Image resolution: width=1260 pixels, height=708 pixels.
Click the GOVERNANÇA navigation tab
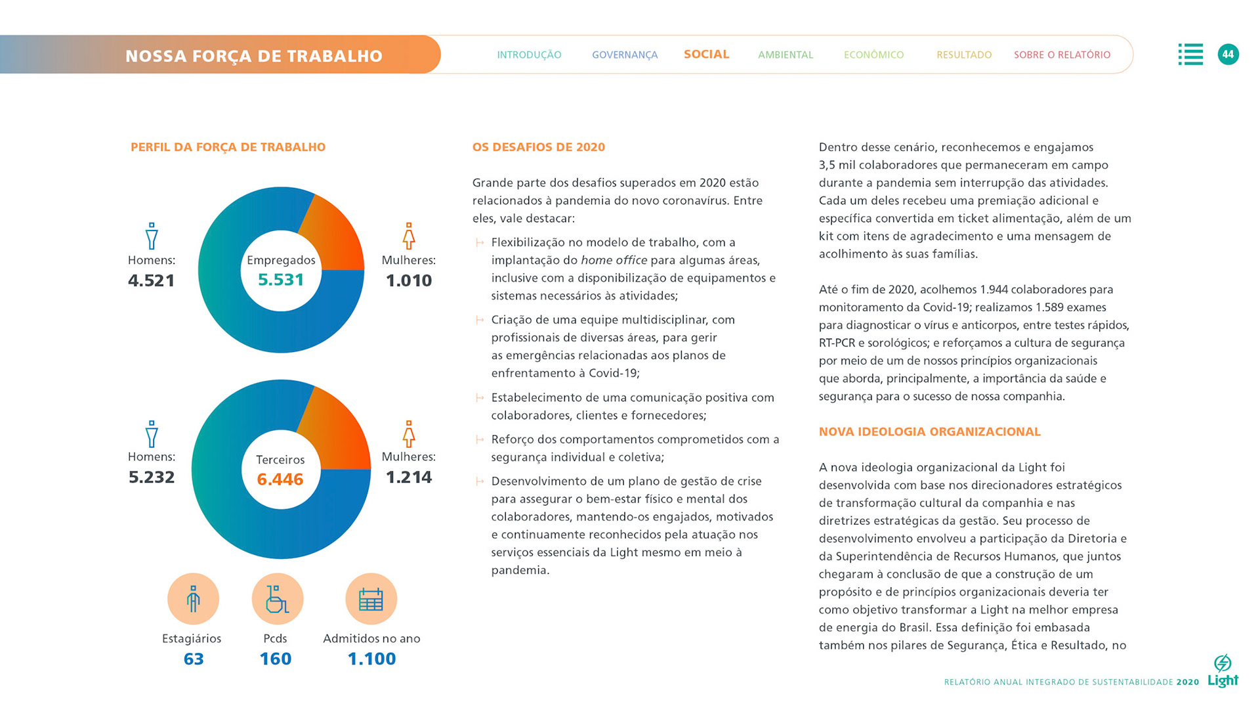(624, 55)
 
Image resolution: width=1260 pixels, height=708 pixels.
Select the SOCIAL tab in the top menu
(706, 55)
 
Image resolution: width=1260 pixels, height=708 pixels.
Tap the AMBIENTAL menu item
(785, 55)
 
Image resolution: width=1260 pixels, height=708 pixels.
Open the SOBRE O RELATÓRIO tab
(1062, 55)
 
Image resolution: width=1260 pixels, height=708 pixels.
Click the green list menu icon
(1190, 55)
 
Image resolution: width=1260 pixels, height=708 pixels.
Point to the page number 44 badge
(1228, 55)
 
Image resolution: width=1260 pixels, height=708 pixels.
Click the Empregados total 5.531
(281, 280)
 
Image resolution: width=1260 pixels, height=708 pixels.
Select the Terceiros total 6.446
(280, 479)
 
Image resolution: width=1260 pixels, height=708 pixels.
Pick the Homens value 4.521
(152, 280)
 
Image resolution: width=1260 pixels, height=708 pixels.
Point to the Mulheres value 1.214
(408, 477)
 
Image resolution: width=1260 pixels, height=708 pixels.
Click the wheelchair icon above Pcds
(277, 599)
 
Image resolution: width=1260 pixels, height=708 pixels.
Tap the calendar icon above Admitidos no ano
(371, 599)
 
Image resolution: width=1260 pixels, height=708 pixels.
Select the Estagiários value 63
(194, 659)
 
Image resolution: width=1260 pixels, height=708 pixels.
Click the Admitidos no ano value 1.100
(371, 659)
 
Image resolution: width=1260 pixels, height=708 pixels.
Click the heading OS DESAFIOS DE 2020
(538, 147)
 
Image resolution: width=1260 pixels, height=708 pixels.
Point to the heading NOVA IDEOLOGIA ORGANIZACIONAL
(929, 431)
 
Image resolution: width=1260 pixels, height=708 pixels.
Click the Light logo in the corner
(1223, 672)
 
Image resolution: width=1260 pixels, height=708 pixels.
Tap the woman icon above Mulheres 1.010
(409, 236)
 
